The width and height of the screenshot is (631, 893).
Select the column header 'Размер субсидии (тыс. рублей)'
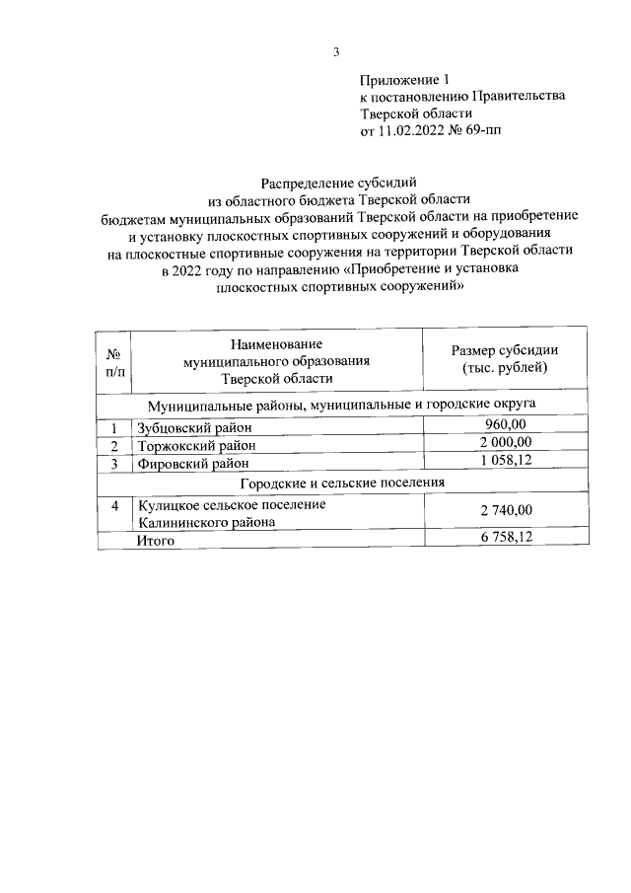coord(504,359)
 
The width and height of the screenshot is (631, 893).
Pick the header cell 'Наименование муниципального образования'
coord(276,360)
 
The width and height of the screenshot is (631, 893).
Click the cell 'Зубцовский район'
coord(195,427)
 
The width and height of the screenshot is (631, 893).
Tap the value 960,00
coord(505,425)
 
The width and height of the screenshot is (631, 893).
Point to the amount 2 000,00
coord(505,443)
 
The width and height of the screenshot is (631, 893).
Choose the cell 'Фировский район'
coord(192,463)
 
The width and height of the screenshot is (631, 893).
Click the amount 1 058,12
coord(505,461)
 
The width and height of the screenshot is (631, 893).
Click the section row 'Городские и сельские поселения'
coord(342,483)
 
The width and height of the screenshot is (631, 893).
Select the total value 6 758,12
coord(505,539)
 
